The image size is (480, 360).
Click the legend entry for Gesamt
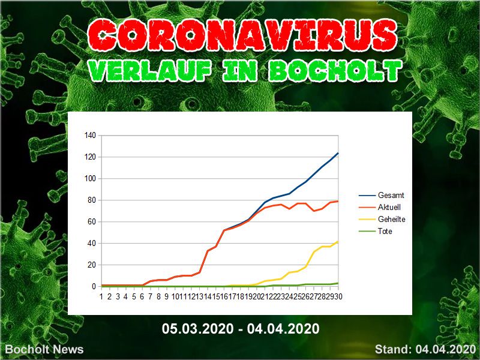(x=391, y=196)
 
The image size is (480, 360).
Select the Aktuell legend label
(x=389, y=207)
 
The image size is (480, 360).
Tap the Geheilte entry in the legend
(x=392, y=219)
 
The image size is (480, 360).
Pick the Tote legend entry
(x=385, y=231)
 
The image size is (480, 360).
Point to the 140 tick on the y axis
(x=91, y=136)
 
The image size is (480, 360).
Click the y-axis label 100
(x=91, y=178)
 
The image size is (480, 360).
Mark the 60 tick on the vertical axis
(x=92, y=221)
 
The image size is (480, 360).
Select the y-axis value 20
(x=92, y=265)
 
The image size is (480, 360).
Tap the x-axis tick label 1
(x=101, y=296)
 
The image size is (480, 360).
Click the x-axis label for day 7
(x=151, y=296)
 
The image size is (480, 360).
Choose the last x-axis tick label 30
(x=338, y=296)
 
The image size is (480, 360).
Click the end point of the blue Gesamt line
(x=338, y=153)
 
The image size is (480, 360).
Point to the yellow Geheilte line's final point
(x=338, y=242)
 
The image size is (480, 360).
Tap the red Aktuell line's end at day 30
(x=338, y=201)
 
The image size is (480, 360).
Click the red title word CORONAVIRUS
(x=242, y=35)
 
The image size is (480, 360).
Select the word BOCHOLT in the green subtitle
(x=335, y=71)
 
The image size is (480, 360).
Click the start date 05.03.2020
(x=198, y=329)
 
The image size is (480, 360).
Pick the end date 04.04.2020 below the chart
(x=283, y=329)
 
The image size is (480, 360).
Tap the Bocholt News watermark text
(x=44, y=349)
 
